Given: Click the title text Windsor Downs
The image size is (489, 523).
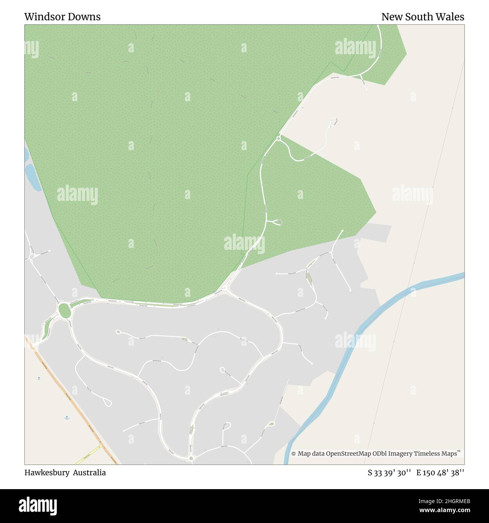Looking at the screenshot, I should point(62,17).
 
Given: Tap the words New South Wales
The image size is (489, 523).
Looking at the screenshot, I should point(422,17).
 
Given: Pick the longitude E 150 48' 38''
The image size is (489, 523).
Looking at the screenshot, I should point(440,473).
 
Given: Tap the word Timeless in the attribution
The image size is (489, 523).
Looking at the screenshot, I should point(426,454).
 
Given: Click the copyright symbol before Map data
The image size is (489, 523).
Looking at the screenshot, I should point(293,454).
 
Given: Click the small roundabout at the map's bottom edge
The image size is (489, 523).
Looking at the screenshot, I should point(191,458).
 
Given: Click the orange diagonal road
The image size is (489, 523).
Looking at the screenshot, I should point(71,399).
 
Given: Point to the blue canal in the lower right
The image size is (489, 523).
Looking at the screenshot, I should point(350,361).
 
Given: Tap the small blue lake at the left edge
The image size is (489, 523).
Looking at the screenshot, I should point(32,177).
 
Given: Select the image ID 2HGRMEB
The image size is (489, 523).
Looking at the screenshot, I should point(451,501).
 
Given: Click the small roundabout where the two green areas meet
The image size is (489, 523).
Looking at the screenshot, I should point(278,138).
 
